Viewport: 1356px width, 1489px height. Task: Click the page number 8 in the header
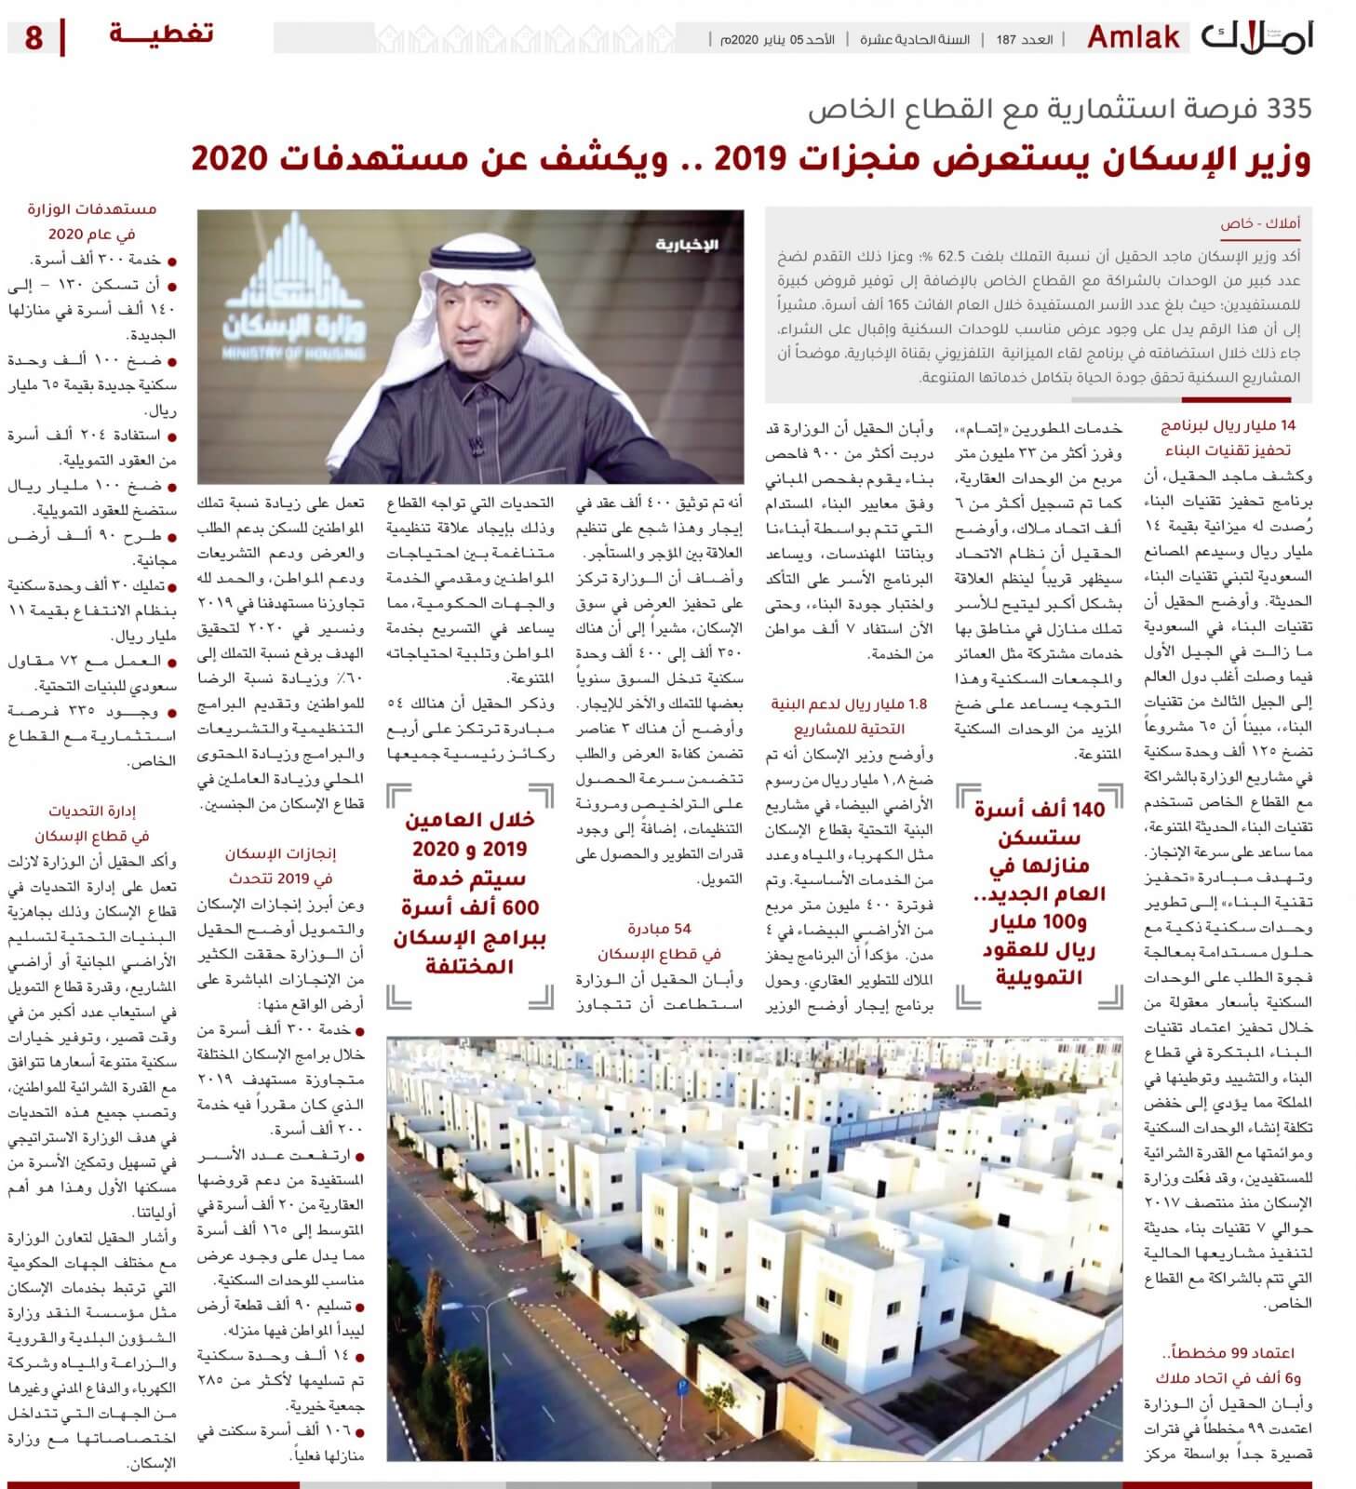click(x=34, y=39)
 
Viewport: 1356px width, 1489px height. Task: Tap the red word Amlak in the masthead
click(x=1134, y=38)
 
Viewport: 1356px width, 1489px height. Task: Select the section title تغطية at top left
click(x=161, y=34)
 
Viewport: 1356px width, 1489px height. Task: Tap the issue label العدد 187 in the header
click(x=1025, y=40)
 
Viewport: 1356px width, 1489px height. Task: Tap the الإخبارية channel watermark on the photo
click(x=687, y=245)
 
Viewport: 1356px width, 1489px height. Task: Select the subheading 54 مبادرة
click(x=658, y=929)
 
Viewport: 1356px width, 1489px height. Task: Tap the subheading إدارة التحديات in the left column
click(x=92, y=811)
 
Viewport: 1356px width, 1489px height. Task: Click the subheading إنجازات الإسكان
click(x=280, y=853)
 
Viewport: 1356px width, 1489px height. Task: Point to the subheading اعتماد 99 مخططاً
click(x=1228, y=1353)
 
